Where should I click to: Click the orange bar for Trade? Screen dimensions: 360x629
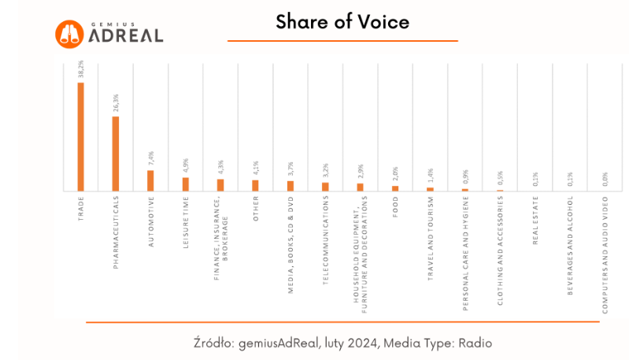[80, 136]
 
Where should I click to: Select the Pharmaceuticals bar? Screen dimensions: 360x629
[115, 154]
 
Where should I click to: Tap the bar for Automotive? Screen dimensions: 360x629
[150, 180]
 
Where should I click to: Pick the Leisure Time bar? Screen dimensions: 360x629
[185, 184]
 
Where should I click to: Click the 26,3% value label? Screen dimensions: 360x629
[115, 105]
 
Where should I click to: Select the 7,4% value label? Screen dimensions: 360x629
[150, 158]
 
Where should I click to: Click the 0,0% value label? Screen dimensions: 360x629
[604, 180]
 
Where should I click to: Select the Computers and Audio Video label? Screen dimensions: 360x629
[604, 255]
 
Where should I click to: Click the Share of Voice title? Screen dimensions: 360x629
[342, 22]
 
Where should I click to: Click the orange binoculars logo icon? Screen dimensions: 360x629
[70, 33]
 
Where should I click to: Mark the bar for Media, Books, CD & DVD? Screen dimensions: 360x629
[290, 186]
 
